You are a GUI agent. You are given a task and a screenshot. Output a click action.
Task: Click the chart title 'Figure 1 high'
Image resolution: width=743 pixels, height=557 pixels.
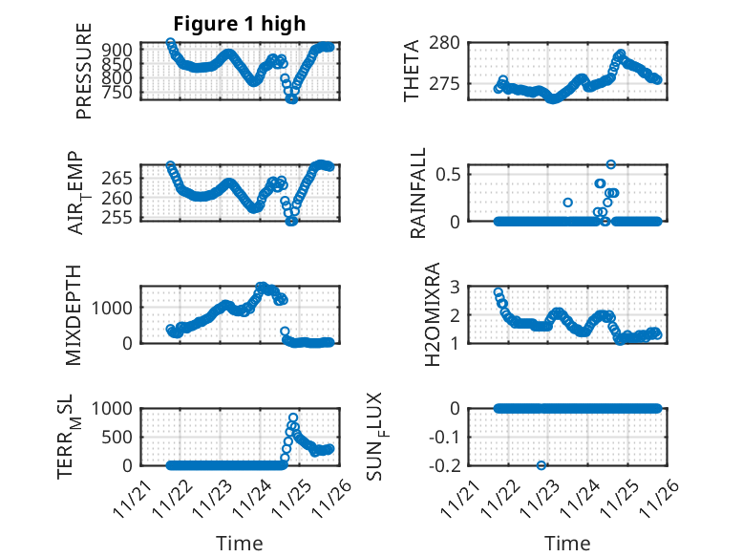coord(240,24)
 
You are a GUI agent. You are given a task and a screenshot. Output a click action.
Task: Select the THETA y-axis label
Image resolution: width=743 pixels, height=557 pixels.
coord(412,71)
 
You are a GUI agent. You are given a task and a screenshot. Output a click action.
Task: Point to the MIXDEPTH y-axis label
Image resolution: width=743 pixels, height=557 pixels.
coord(74,314)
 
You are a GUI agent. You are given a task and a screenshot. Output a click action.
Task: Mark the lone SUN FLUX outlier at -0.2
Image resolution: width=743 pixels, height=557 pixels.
coord(541,465)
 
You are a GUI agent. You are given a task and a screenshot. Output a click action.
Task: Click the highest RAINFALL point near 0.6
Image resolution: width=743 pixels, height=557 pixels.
coord(610,164)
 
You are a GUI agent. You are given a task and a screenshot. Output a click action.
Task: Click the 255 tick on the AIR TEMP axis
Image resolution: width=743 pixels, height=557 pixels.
coord(121,217)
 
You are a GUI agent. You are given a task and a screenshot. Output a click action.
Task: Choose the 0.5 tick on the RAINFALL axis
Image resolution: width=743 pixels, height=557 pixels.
coord(449,174)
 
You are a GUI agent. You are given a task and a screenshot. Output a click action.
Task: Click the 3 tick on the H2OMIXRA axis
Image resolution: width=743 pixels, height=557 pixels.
coord(456,287)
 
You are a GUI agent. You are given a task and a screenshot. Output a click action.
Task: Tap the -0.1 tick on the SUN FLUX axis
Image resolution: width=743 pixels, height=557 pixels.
coord(447,437)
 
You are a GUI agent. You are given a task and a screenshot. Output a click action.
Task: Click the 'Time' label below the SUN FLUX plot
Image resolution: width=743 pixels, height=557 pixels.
coord(567,544)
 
